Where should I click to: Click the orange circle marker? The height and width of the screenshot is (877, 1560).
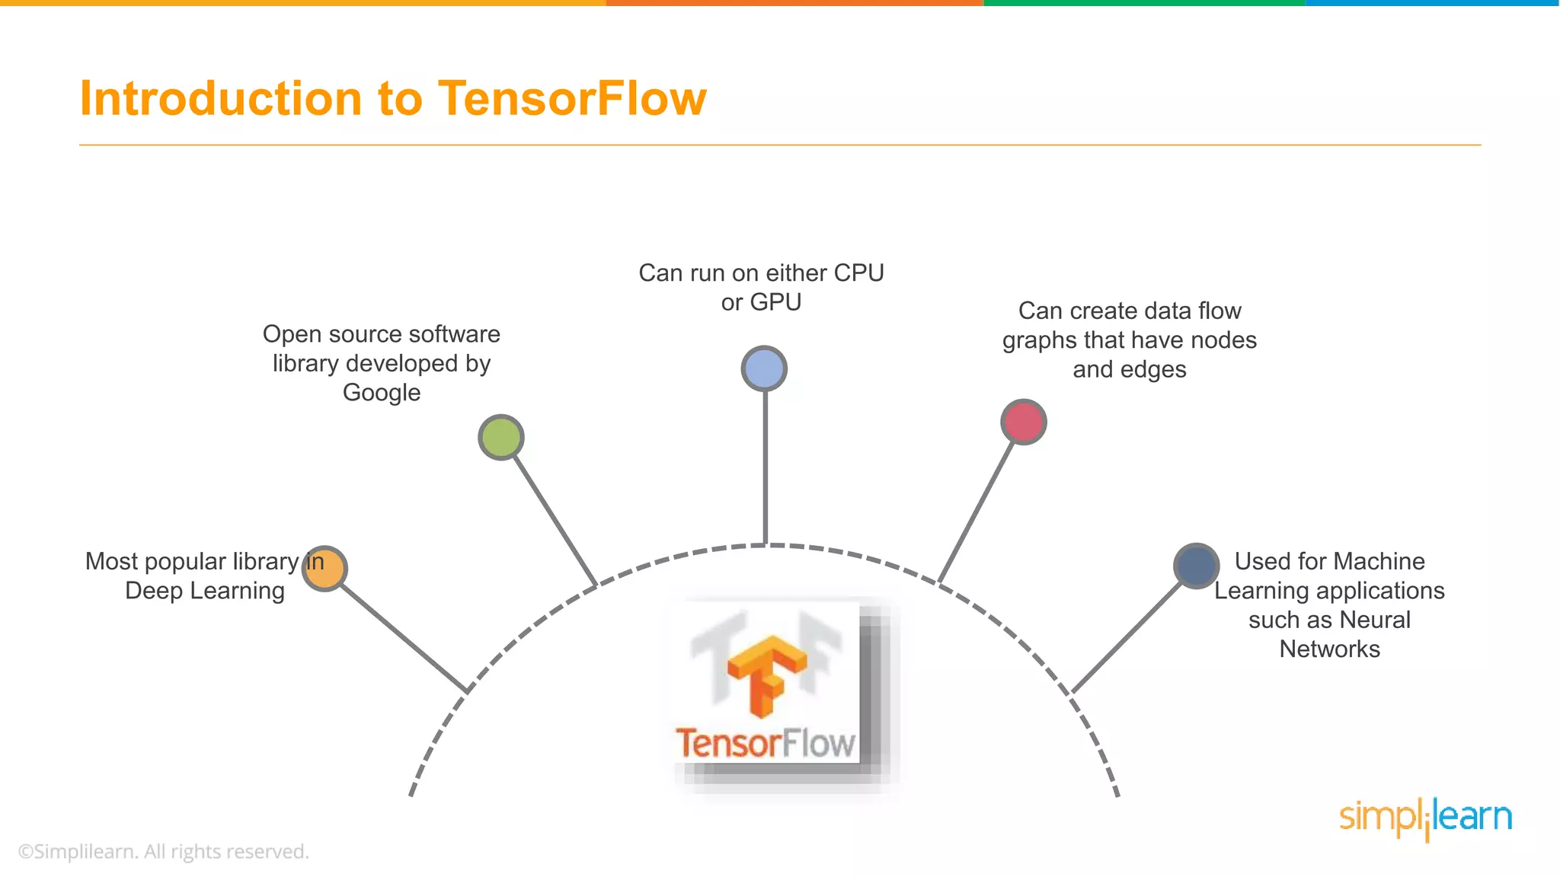pos(324,569)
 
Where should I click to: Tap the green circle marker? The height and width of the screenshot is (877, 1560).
pos(501,437)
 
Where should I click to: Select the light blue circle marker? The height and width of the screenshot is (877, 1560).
pos(764,368)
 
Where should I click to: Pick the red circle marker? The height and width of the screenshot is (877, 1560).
pos(1023,422)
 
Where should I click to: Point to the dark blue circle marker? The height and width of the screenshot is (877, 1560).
pos(1196,566)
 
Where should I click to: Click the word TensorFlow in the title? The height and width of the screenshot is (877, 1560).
pos(572,98)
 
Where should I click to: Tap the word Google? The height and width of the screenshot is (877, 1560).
pos(382,393)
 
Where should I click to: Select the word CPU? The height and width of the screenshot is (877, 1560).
pos(858,273)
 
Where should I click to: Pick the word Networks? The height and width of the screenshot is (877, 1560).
pos(1329,649)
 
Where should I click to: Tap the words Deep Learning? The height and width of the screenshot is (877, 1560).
pos(205,591)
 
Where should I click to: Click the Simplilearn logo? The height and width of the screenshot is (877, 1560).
pos(1425,818)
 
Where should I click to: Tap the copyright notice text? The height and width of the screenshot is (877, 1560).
pos(164,851)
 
